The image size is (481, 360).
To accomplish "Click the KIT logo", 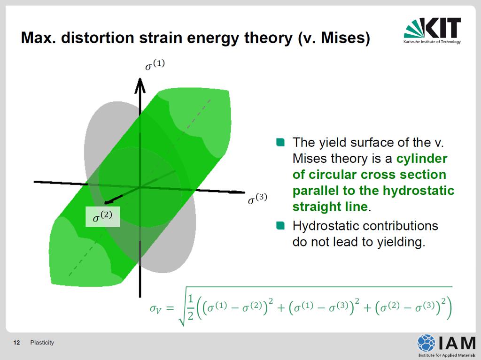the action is point(432,31).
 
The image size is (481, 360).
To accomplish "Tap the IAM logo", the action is point(446,345).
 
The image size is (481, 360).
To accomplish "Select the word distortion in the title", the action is point(97,38).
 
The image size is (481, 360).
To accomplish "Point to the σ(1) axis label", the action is point(155,65).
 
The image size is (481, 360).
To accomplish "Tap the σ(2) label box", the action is point(102,217).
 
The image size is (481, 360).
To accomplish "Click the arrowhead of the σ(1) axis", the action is point(140,85).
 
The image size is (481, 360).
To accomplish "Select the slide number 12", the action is point(16,343).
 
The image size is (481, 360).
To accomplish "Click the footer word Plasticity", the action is point(42,343).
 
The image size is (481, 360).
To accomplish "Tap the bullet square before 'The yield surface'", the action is point(280,142).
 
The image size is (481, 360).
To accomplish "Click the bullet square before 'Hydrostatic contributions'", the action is point(280,225).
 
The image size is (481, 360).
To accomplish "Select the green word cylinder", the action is point(421,159).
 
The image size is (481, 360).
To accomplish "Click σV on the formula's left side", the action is point(155,308).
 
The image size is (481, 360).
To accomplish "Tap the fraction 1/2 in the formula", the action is point(191,307).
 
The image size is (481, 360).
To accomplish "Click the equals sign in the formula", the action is point(170,307).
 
